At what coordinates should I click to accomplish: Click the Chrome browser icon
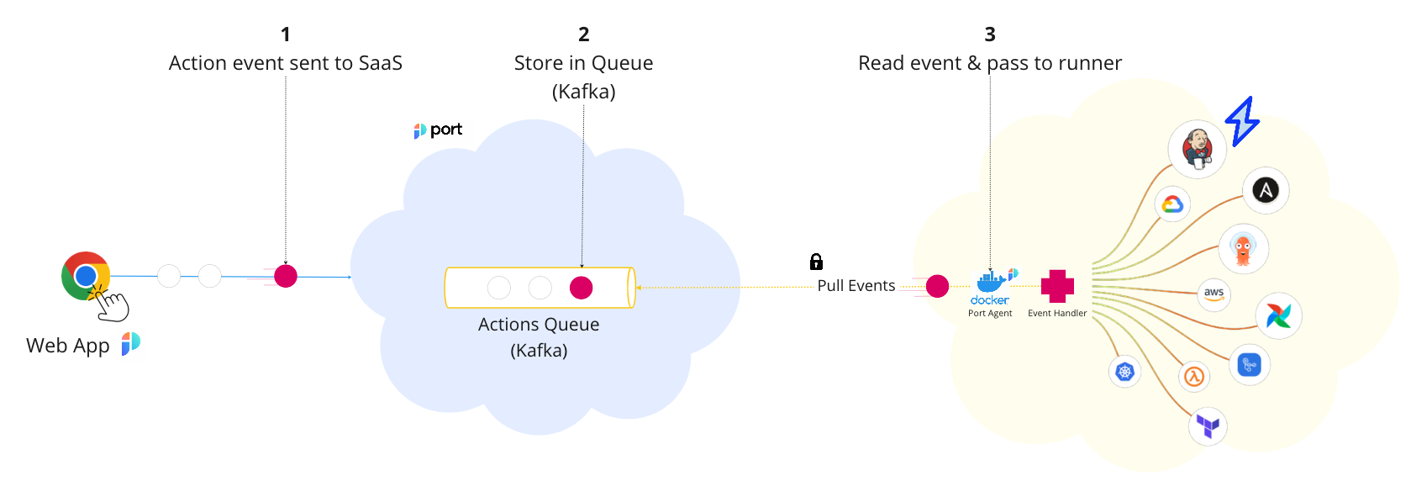[x=86, y=275]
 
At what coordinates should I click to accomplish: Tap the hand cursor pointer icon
[x=112, y=304]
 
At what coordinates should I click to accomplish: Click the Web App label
[x=68, y=346]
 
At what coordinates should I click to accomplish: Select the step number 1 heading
[x=286, y=34]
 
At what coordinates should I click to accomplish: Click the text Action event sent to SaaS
[x=286, y=63]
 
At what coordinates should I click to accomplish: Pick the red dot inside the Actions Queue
[x=581, y=288]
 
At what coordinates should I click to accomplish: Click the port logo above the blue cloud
[x=438, y=130]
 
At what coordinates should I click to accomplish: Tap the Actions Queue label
[x=539, y=325]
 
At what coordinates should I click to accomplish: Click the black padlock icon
[x=816, y=262]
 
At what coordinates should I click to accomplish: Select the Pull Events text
[x=856, y=286]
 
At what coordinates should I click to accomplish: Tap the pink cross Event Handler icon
[x=1057, y=286]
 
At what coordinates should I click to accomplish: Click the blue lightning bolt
[x=1242, y=121]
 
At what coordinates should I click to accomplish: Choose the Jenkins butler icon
[x=1198, y=149]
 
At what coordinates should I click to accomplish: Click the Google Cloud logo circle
[x=1172, y=204]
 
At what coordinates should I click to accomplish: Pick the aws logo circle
[x=1214, y=294]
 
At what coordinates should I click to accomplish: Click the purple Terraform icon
[x=1208, y=426]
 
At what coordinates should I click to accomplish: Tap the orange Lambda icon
[x=1194, y=376]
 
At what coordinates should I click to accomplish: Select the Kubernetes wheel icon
[x=1124, y=371]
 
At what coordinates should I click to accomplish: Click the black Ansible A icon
[x=1266, y=190]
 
